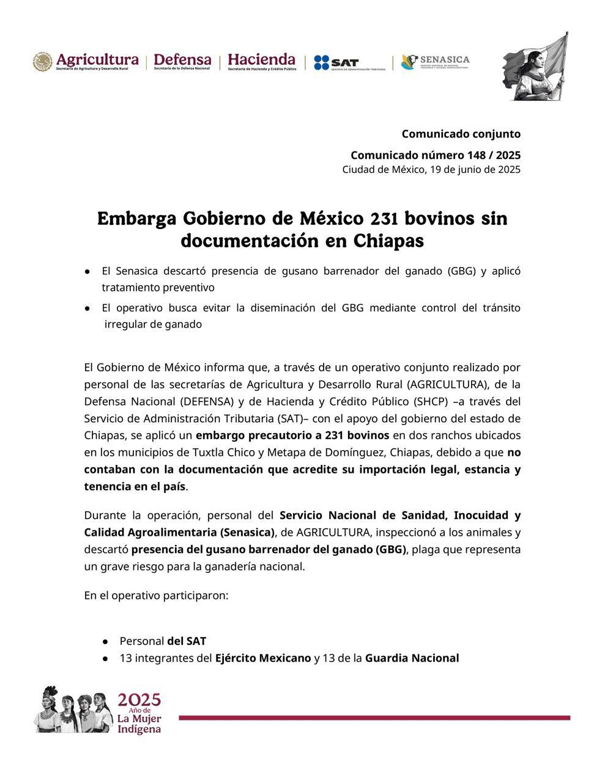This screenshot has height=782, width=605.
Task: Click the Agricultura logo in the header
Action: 86,62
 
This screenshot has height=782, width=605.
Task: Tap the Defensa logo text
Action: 182,61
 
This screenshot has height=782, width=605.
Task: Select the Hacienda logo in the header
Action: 261,61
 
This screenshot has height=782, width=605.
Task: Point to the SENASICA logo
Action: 435,62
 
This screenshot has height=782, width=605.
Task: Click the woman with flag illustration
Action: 535,67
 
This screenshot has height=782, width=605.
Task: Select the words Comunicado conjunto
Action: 461,134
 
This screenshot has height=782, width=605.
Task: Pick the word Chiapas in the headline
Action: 388,241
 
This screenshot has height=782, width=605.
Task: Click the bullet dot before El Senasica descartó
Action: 88,271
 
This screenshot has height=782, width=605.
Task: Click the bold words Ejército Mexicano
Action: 263,658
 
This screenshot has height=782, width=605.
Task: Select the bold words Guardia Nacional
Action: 412,658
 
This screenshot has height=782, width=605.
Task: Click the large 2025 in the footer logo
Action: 139,700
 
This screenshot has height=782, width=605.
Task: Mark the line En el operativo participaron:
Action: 156,595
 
